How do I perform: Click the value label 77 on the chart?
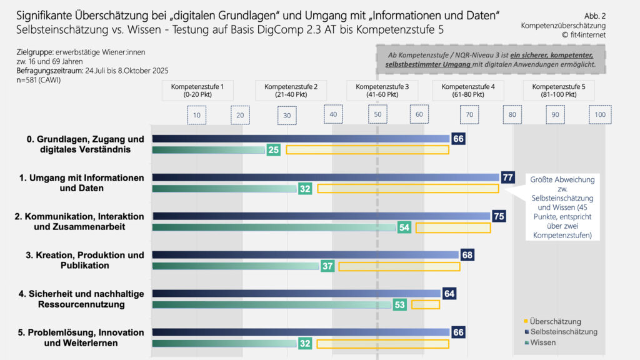tap(507, 177)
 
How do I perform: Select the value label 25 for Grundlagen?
tap(273, 150)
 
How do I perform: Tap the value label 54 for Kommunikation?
tap(404, 227)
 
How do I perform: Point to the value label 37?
tap(327, 266)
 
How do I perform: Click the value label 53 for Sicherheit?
tap(400, 305)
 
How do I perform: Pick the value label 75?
tap(499, 216)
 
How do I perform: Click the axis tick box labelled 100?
tap(600, 115)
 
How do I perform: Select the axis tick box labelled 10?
tap(196, 115)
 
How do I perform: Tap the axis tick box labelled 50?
tap(378, 115)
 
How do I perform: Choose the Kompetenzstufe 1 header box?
tap(197, 91)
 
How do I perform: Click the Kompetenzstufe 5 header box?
tap(559, 91)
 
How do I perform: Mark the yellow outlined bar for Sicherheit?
tap(426, 305)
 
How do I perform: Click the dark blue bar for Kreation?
tap(306, 255)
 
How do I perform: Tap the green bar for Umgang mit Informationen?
tap(224, 189)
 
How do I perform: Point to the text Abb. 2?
tap(594, 15)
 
